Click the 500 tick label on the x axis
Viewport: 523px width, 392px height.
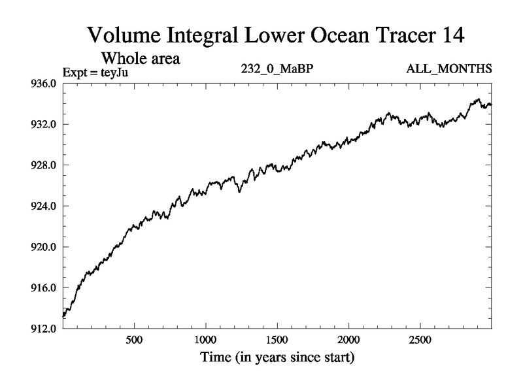[134, 341]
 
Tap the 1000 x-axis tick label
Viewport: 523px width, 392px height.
[205, 341]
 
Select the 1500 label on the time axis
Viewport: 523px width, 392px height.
[277, 341]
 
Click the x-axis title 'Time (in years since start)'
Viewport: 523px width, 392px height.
[277, 358]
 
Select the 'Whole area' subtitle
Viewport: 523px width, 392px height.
[140, 57]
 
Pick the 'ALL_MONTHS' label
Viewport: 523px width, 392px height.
[457, 69]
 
